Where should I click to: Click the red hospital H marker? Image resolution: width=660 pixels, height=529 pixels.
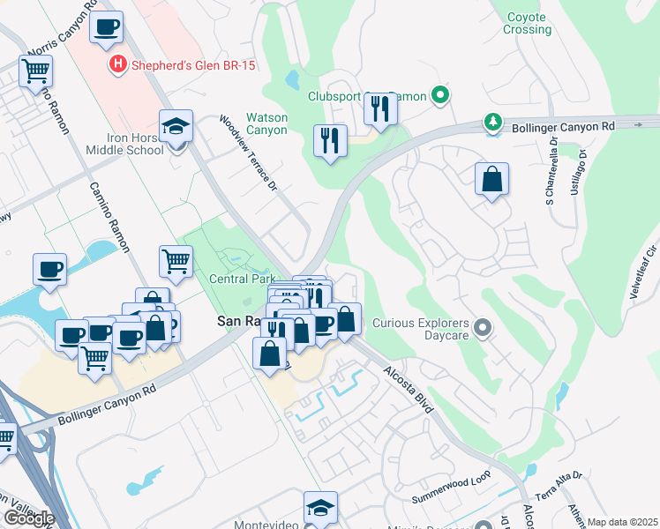click(116, 64)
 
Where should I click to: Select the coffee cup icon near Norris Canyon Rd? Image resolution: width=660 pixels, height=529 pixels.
click(106, 26)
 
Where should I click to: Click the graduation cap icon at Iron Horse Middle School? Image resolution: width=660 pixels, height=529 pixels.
click(176, 125)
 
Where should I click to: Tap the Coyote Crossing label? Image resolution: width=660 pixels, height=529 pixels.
click(527, 23)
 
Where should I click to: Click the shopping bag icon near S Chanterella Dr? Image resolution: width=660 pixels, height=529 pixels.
click(491, 179)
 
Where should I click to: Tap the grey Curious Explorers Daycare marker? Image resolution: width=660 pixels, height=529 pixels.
click(482, 329)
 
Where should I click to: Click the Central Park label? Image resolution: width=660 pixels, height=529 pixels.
click(236, 279)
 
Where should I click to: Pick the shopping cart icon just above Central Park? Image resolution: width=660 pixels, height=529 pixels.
click(176, 261)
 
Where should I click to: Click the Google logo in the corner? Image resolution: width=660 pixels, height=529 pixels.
click(29, 518)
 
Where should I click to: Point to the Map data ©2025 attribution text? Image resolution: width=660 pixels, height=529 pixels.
click(622, 522)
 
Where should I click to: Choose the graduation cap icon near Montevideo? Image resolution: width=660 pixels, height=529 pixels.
click(320, 507)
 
